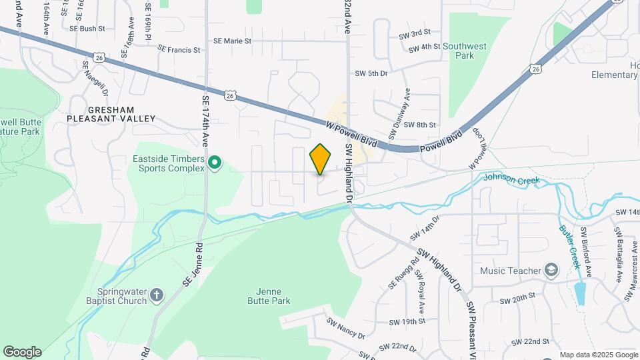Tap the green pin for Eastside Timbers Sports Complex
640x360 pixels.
coord(215,163)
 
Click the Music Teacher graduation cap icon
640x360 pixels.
coord(551,270)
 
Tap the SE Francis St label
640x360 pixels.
coord(174,50)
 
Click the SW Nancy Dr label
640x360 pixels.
coord(345,327)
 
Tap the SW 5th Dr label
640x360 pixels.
coord(371,73)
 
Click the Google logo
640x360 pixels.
coord(22,352)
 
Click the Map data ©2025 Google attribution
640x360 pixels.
coord(598,355)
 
